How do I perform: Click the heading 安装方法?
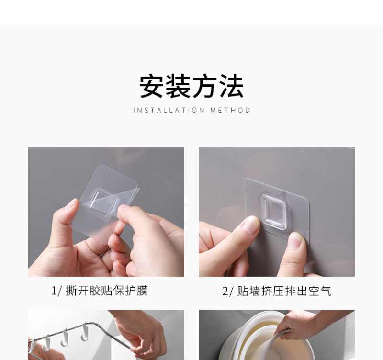pyautogui.click(x=191, y=87)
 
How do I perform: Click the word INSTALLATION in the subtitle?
pyautogui.click(x=169, y=111)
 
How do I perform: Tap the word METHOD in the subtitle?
pyautogui.click(x=230, y=111)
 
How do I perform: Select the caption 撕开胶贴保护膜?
pyautogui.click(x=106, y=291)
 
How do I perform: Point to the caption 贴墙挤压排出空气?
pyautogui.click(x=284, y=291)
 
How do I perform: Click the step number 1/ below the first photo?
pyautogui.click(x=56, y=291)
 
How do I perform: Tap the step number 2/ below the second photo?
pyautogui.click(x=228, y=292)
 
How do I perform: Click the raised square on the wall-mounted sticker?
pyautogui.click(x=273, y=212)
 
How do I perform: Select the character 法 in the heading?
pyautogui.click(x=231, y=87)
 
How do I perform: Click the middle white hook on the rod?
pyautogui.click(x=65, y=337)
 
